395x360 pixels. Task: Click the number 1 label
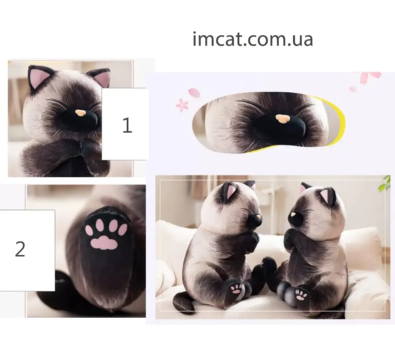(x=127, y=125)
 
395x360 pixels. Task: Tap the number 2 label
(x=20, y=249)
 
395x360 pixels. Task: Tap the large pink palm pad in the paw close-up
(x=104, y=243)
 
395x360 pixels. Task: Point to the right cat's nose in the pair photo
(x=293, y=215)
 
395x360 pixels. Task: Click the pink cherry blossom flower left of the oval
(x=182, y=105)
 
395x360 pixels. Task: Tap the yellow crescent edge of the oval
(x=339, y=121)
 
